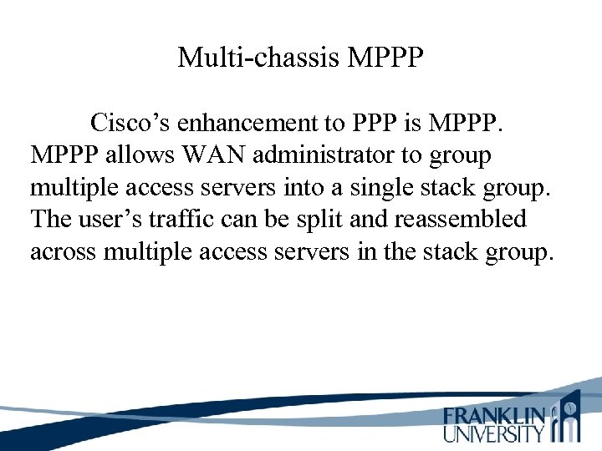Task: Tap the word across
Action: tap(64, 251)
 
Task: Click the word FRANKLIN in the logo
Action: tap(494, 415)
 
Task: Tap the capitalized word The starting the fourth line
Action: tap(52, 220)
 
